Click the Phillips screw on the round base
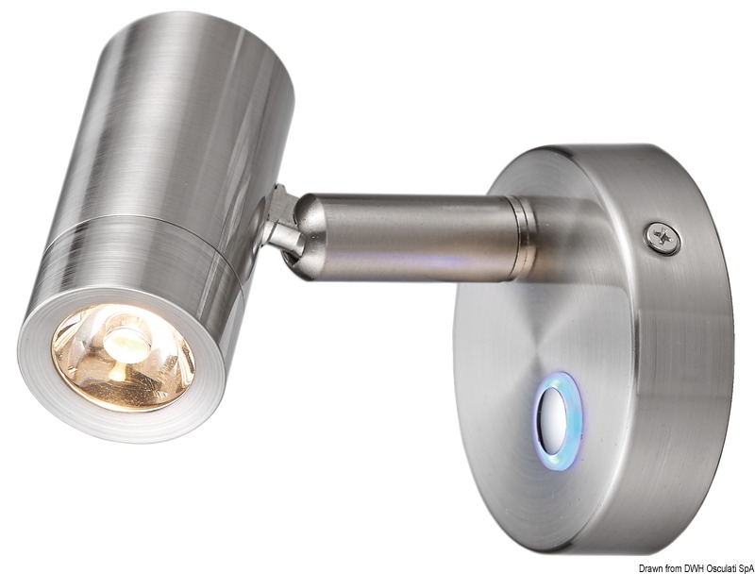664,238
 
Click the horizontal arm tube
406,236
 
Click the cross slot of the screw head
664,238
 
